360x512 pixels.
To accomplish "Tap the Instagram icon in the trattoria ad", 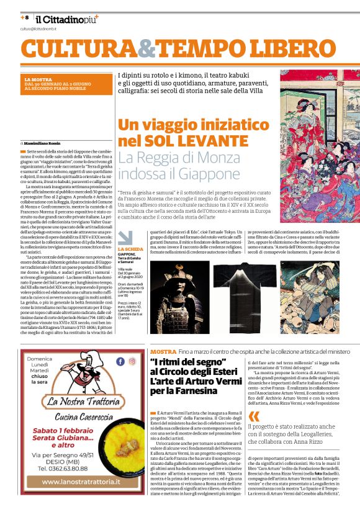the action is click(x=132, y=361).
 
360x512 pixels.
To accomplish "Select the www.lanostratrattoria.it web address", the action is click(x=81, y=498).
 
